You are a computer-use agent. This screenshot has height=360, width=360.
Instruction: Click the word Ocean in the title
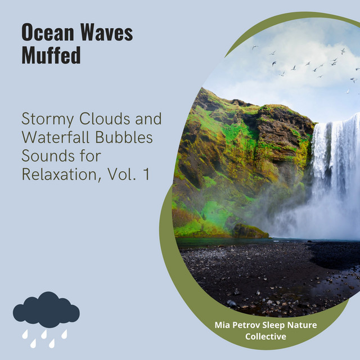click(x=48, y=33)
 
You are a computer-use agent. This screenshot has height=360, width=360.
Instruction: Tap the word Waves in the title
click(x=106, y=33)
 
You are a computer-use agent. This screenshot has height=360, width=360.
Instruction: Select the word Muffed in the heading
click(x=51, y=55)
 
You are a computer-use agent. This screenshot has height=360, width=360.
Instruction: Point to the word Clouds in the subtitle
click(x=105, y=119)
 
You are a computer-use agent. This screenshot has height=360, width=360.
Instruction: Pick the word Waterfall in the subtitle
click(x=55, y=137)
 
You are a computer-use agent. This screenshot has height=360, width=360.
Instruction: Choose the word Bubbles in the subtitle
click(x=124, y=137)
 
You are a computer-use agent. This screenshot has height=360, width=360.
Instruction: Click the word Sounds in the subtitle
click(x=48, y=156)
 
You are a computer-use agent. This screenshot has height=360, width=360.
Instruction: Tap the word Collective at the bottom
click(x=265, y=336)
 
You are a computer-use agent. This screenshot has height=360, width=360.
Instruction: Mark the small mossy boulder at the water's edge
click(x=250, y=231)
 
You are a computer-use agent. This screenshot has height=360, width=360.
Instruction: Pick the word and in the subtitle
click(x=148, y=119)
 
